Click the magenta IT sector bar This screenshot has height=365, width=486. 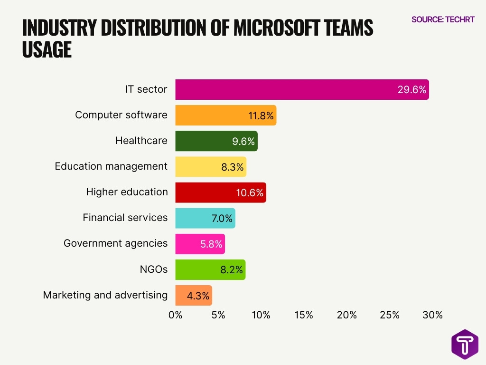[x=285, y=89]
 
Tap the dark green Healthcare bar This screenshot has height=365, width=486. [x=204, y=141]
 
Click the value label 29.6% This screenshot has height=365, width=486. [x=411, y=89]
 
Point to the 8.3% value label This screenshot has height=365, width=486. [x=232, y=167]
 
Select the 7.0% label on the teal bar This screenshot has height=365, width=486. [x=222, y=218]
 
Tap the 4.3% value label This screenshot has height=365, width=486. [x=198, y=296]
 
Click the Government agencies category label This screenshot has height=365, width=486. [x=115, y=243]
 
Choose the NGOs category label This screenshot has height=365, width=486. [x=153, y=269]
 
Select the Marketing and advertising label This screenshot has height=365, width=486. [x=105, y=295]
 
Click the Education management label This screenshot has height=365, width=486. [x=111, y=166]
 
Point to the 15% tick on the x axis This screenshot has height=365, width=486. [x=304, y=315]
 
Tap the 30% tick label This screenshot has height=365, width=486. [x=432, y=315]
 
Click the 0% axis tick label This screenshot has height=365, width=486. [x=176, y=315]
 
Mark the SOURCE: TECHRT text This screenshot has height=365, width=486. [x=442, y=20]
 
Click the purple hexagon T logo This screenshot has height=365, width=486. [x=465, y=344]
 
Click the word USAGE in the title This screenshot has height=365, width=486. [x=47, y=50]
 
